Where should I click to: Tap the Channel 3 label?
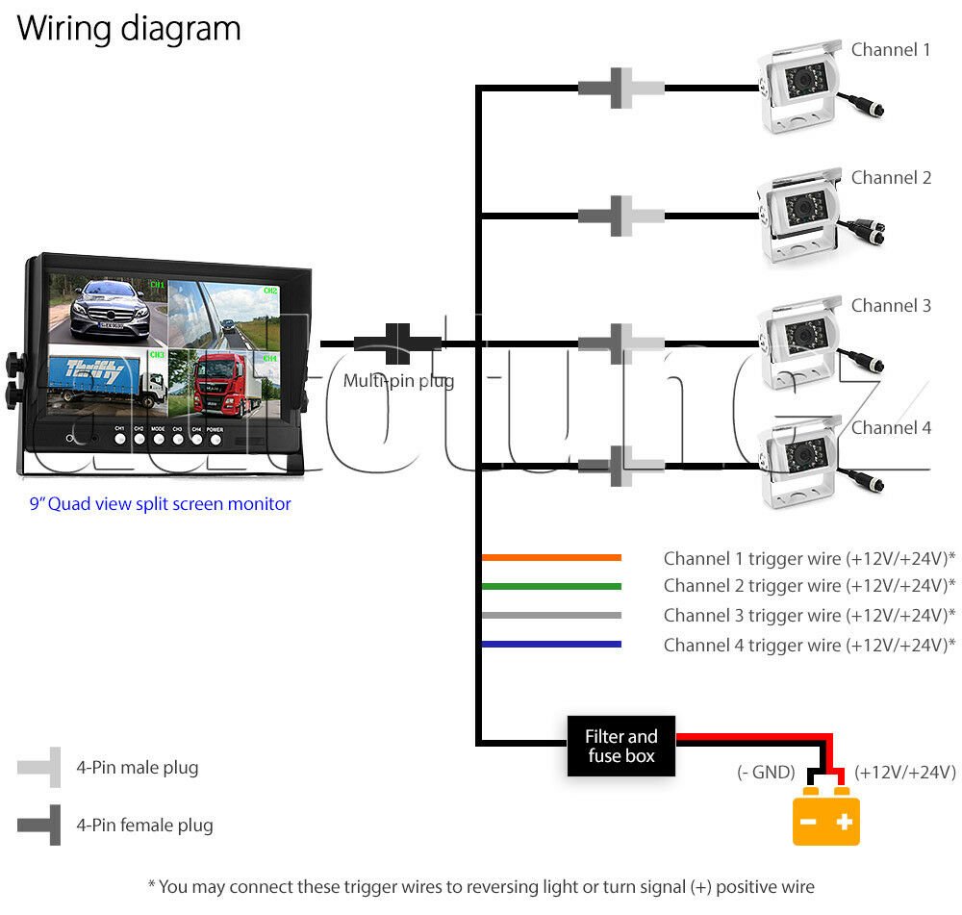(891, 305)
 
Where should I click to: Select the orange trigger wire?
(551, 557)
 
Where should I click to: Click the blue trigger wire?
(551, 644)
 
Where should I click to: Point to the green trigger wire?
(551, 586)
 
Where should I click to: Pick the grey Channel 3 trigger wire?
(551, 615)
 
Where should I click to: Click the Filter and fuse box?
(620, 746)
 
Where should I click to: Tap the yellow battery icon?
(825, 816)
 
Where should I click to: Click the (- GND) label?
(766, 772)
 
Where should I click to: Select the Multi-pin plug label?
(399, 380)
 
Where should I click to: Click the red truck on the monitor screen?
(219, 384)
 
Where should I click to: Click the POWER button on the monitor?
(215, 439)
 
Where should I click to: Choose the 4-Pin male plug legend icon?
(39, 767)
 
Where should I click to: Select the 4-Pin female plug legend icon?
(39, 825)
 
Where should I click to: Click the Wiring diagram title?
(129, 29)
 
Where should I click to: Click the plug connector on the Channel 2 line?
(620, 216)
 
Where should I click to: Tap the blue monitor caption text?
(160, 504)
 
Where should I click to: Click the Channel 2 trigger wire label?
(809, 585)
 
